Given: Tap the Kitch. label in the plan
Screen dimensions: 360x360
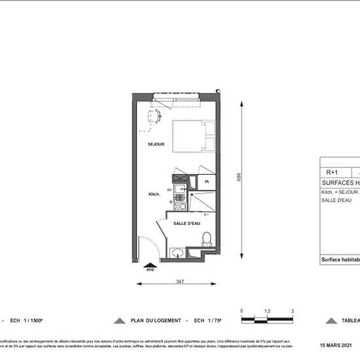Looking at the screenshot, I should [x=154, y=194].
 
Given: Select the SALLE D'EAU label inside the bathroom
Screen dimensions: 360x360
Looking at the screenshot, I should [x=187, y=223].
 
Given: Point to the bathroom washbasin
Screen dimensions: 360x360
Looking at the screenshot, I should [x=177, y=252].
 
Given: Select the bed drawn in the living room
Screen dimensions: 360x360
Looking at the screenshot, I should [x=194, y=137].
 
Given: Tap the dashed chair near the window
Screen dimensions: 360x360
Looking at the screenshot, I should [x=155, y=117].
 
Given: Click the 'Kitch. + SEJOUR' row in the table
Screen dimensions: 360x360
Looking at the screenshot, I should [x=339, y=192].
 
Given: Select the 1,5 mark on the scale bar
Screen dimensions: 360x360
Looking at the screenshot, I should [x=267, y=310].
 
